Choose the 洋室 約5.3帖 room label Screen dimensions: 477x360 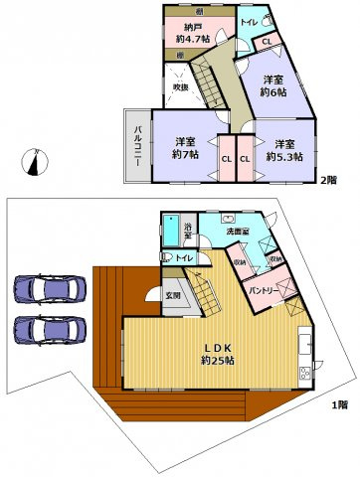coord(284,148)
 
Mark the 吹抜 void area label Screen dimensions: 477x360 coord(180,86)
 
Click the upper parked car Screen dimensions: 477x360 coord(49,288)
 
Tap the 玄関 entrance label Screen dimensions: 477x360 coord(173,294)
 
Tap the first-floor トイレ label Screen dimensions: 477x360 coord(184,259)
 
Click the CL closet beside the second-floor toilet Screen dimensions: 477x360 coord(268,42)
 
